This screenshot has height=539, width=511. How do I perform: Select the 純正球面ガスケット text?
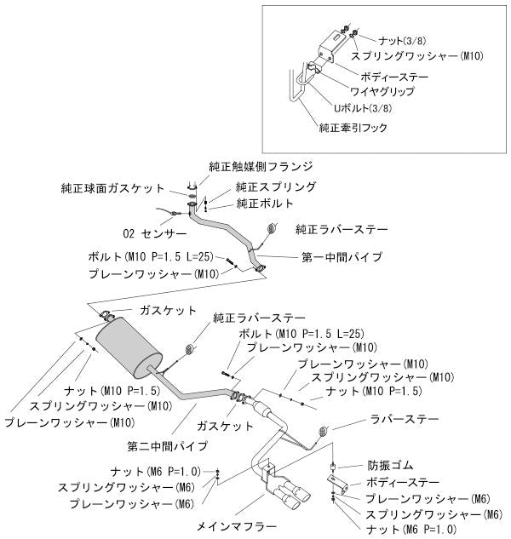click(x=118, y=187)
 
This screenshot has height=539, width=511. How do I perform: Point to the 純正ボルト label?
click(x=265, y=204)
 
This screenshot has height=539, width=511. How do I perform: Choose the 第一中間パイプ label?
click(x=341, y=256)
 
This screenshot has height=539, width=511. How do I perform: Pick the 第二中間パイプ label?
click(x=167, y=444)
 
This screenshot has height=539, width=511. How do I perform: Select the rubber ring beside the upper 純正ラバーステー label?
click(x=273, y=230)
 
